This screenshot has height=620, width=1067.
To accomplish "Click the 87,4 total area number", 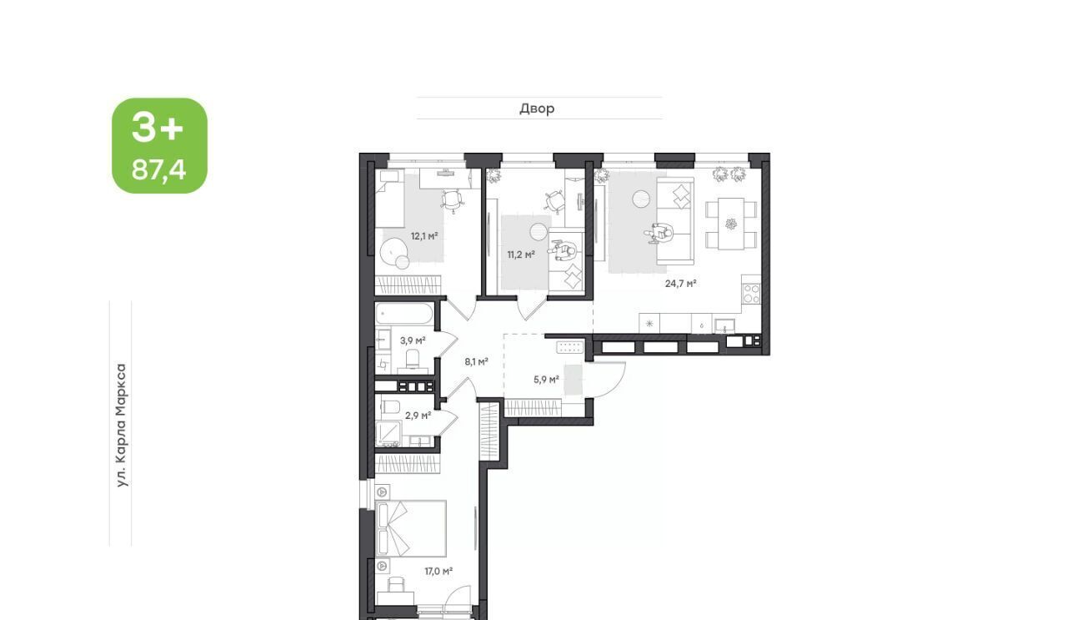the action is tap(158, 169).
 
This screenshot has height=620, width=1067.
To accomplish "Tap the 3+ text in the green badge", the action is tap(158, 128).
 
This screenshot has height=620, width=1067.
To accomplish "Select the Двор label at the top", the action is tap(537, 108).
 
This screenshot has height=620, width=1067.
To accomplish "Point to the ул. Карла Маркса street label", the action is tap(122, 425).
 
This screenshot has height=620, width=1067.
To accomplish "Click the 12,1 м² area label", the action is tap(424, 235).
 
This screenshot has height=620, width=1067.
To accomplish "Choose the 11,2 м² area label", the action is tap(521, 255).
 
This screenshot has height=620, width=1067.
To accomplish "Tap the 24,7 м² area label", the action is tap(681, 284).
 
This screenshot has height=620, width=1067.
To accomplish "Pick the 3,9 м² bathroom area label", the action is tap(413, 340).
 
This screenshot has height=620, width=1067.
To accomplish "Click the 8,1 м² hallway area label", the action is tap(476, 362).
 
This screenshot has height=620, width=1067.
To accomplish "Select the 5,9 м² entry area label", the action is tap(546, 381).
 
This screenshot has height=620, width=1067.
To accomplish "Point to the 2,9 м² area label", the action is tap(418, 416).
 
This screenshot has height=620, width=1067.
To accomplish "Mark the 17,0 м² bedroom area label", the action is tap(438, 571).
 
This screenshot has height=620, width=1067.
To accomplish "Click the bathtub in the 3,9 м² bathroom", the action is tap(404, 315).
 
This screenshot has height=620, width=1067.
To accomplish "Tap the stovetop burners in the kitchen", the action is tap(752, 294).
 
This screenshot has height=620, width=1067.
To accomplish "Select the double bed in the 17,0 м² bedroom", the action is tap(411, 528).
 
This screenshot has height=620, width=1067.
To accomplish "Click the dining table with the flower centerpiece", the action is tap(731, 224).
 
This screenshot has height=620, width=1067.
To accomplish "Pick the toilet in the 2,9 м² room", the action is tap(389, 407).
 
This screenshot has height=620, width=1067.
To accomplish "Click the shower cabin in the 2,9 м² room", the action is tap(388, 434).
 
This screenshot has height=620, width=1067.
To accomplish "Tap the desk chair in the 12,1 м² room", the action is tap(452, 199).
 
